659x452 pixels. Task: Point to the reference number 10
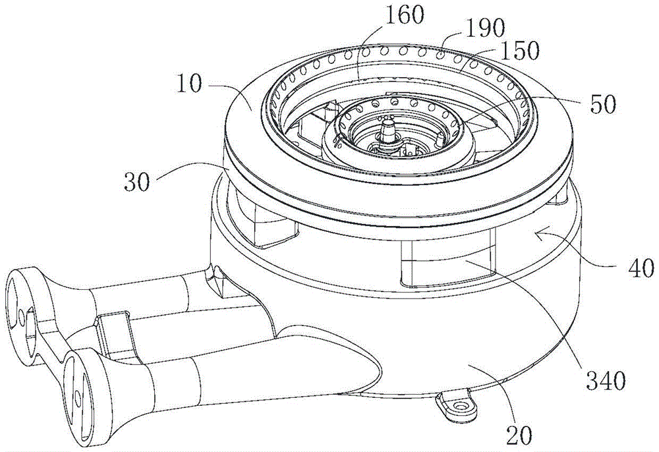tap(189, 84)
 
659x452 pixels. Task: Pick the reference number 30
tap(138, 183)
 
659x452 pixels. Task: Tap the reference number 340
tap(604, 381)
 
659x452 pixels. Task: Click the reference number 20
tap(519, 435)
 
